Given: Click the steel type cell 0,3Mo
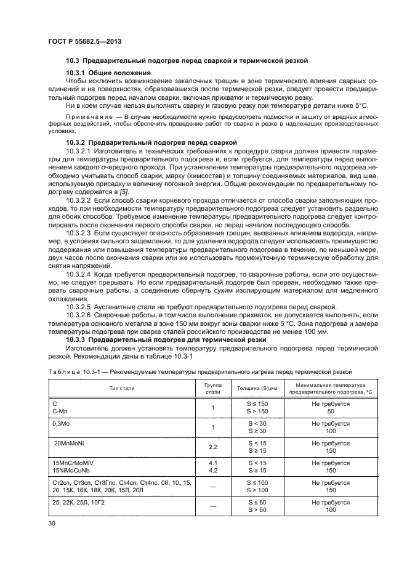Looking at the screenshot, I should pyautogui.click(x=62, y=424).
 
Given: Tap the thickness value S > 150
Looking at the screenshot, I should pyautogui.click(x=252, y=410).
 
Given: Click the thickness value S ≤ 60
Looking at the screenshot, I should pyautogui.click(x=252, y=502).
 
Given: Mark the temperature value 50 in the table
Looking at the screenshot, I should pyautogui.click(x=331, y=410).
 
